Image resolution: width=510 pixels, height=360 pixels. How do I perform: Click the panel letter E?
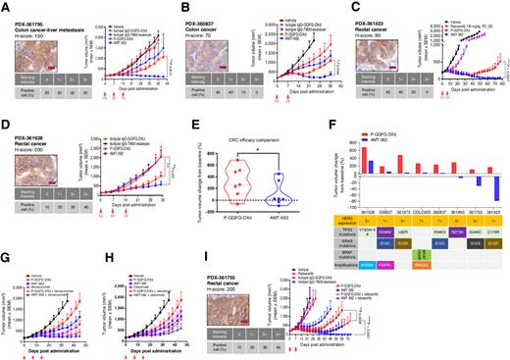(175, 125)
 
